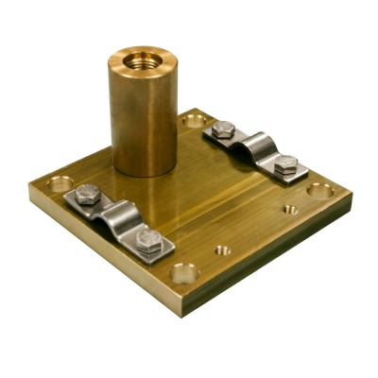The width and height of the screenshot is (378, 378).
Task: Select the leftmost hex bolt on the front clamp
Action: pos(85,197)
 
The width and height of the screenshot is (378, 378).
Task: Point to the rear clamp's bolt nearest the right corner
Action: pos(286,165)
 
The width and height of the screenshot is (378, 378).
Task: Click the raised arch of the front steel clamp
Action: pos(117,216)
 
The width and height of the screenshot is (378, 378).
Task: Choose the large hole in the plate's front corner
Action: pos(184,274)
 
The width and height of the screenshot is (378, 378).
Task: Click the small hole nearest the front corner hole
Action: pos(221,251)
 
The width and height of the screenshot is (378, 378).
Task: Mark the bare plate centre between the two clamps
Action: pos(203,194)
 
